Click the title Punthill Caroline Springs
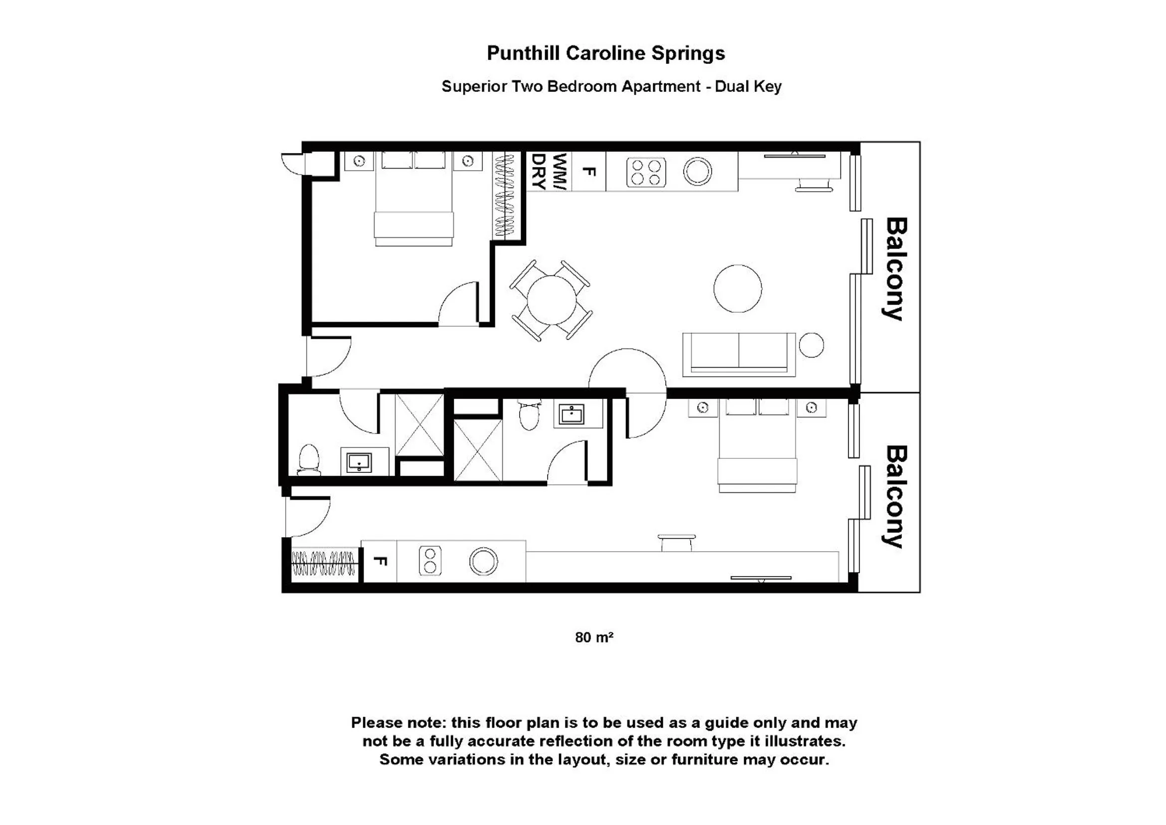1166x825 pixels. (605, 53)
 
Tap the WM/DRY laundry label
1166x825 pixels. (549, 172)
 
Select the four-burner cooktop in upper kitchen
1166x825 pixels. (646, 172)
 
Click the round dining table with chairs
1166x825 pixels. (552, 300)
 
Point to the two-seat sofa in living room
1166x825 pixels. (739, 354)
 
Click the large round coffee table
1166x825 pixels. (738, 288)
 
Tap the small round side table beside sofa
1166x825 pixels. (811, 345)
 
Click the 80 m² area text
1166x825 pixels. (593, 637)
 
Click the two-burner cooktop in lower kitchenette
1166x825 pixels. (430, 561)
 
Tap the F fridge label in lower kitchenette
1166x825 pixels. (381, 561)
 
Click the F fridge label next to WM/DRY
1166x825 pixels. (588, 172)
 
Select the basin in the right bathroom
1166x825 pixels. (572, 414)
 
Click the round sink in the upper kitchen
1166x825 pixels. (697, 171)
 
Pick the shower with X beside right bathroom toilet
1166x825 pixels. (478, 450)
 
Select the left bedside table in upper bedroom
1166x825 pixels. (359, 162)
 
